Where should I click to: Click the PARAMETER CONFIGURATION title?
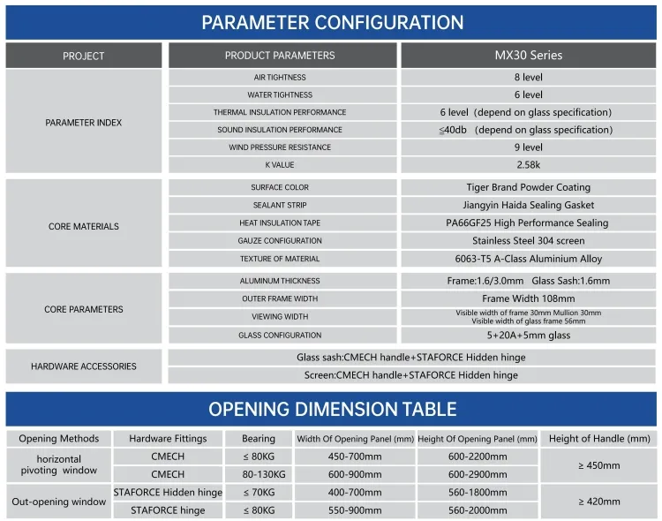pos(331,22)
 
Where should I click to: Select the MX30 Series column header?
pos(528,55)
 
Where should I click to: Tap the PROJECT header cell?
pos(84,56)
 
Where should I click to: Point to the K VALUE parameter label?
pos(280,165)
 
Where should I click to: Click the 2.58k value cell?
pos(528,165)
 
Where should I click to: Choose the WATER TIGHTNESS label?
pos(280,94)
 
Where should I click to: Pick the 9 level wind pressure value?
pos(528,147)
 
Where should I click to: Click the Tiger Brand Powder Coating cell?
pos(528,187)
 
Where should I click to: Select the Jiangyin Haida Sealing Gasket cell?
pos(528,205)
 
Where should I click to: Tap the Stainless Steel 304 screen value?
pos(528,240)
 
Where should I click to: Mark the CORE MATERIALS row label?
pos(84,227)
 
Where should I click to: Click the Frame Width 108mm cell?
pos(528,298)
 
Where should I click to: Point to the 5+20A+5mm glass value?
pos(528,336)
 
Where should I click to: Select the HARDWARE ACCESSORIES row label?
pos(84,366)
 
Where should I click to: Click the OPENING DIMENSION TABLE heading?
pos(331,409)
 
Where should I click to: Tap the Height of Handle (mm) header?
pos(598,438)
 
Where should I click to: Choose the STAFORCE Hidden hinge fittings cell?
pos(168,492)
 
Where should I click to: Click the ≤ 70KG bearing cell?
pos(259,492)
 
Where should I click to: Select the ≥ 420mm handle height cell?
pos(598,501)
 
